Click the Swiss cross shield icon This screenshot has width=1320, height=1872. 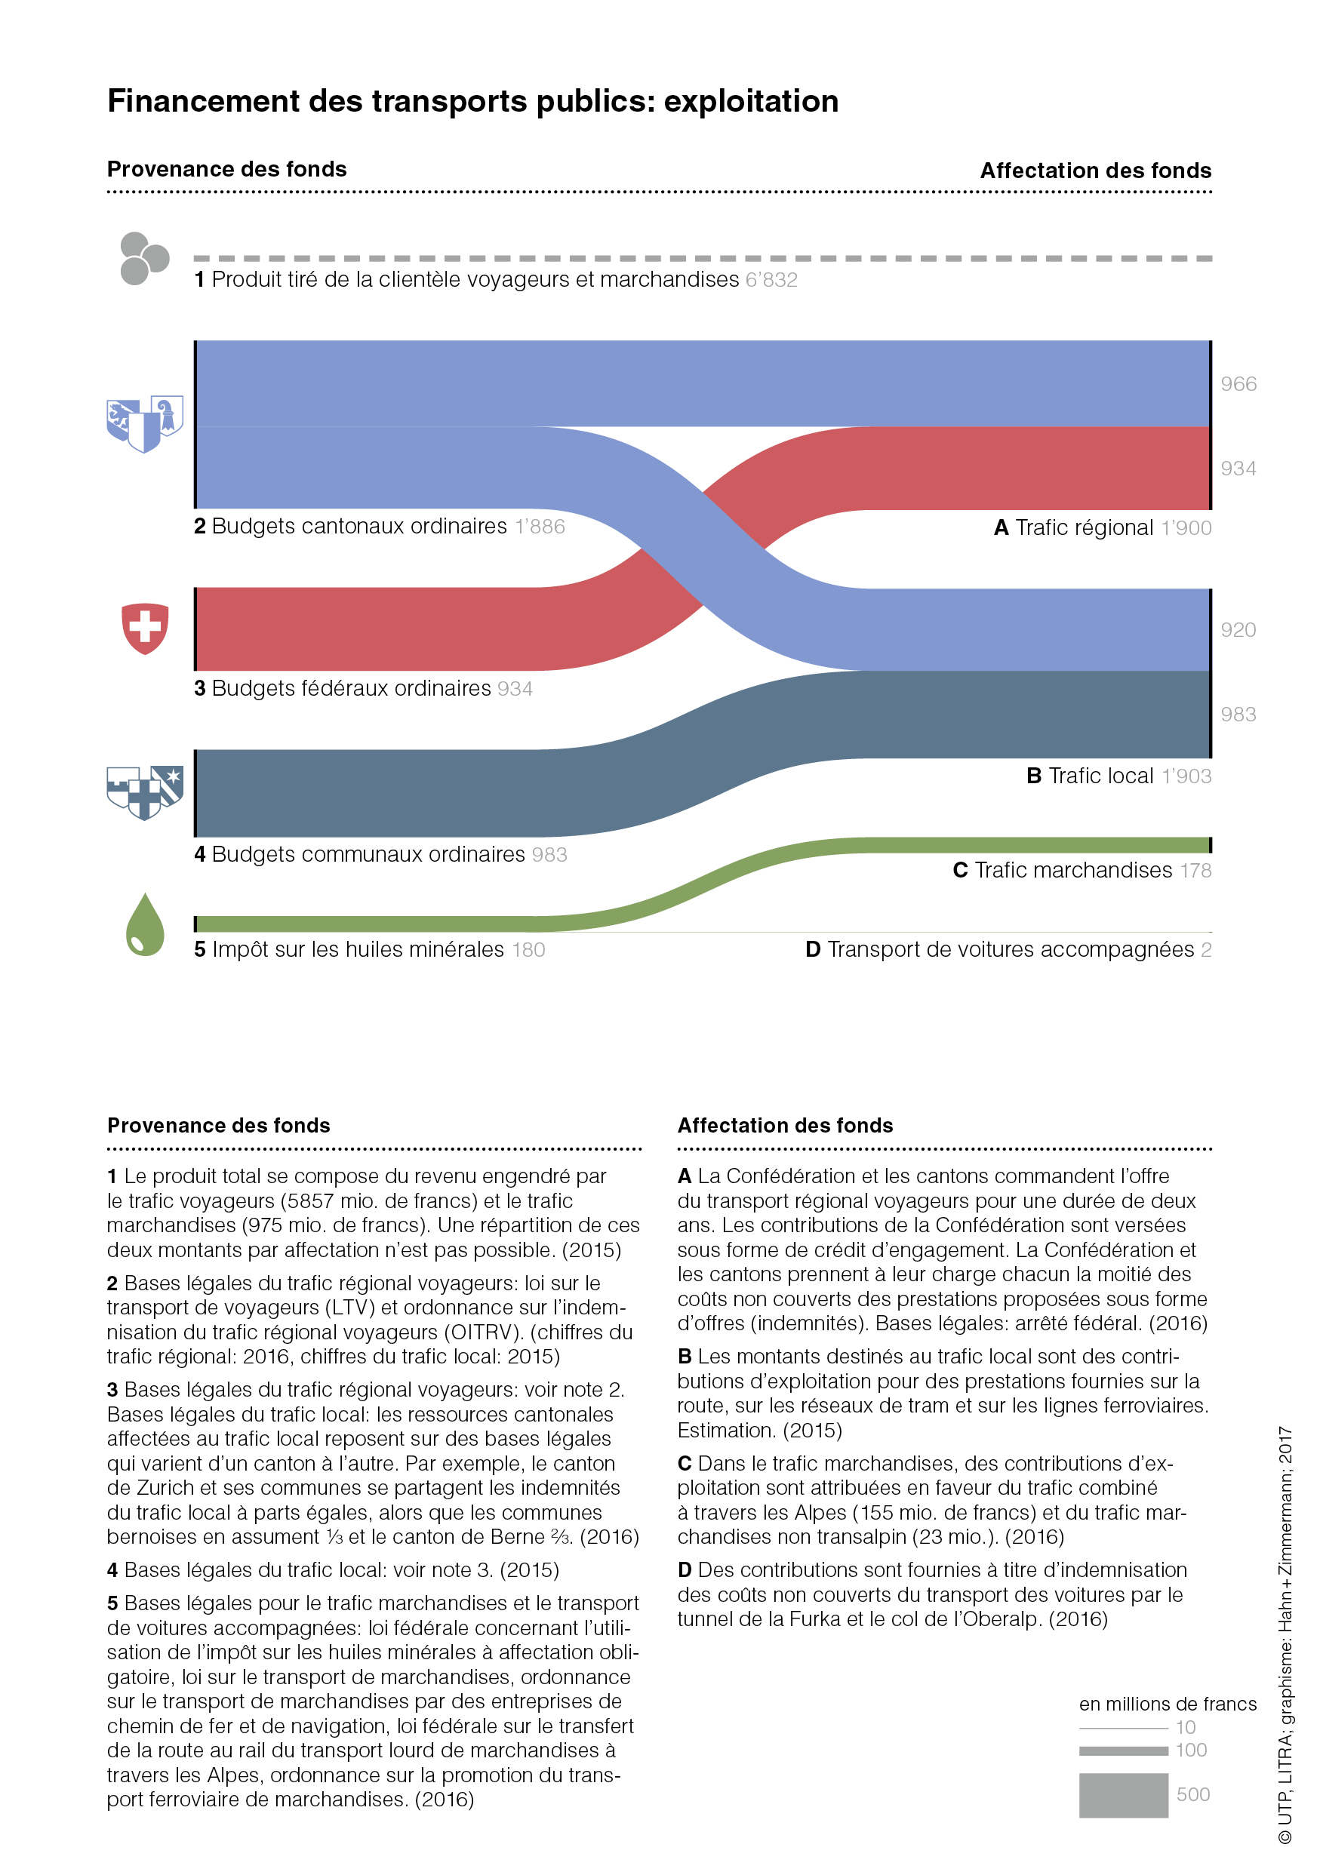145,629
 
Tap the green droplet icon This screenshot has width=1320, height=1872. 145,924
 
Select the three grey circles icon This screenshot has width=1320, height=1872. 144,259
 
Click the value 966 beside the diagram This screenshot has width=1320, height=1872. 1238,384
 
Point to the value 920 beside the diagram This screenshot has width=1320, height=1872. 1238,630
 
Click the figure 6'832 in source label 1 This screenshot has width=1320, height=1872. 771,280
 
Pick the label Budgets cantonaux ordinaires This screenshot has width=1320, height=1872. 358,527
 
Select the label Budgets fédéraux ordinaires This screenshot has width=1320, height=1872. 351,689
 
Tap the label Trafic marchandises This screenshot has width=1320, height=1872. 1073,871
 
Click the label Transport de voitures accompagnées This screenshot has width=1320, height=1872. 1010,950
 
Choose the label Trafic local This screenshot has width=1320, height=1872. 1100,776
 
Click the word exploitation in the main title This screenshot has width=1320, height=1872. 750,102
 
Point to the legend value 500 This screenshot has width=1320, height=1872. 1192,1794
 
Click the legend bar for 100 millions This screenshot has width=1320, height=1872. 1123,1751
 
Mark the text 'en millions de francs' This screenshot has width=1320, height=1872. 1167,1704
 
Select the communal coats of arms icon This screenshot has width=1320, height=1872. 145,792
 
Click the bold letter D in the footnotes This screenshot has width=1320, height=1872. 685,1570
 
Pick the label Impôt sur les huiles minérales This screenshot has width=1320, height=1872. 357,950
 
